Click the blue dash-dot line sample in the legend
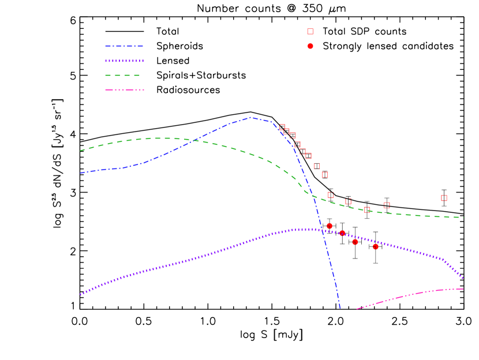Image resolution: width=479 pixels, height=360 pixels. tap(124, 46)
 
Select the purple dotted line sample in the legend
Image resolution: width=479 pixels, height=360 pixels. tap(124, 61)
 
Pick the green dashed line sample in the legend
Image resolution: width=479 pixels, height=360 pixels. tap(122, 75)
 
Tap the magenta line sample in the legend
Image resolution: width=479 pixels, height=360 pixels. tap(124, 90)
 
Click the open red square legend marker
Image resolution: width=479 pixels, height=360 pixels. tap(310, 32)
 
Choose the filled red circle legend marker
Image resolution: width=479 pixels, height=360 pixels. tap(310, 46)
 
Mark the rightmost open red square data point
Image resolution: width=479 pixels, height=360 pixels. tap(444, 198)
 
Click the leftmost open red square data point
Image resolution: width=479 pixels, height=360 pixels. tap(282, 127)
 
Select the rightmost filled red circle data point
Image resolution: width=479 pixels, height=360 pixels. tap(376, 246)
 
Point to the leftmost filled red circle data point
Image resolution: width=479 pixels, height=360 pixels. tap(330, 226)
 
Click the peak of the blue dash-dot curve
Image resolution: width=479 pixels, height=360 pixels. tap(251, 118)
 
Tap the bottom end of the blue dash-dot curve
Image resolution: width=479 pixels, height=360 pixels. tap(340, 308)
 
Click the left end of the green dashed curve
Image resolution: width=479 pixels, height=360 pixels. tap(80, 151)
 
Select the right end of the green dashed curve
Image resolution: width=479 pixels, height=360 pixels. tap(463, 217)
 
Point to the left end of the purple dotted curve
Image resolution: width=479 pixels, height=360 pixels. tap(80, 294)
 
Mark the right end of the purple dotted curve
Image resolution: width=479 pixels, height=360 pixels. tap(463, 278)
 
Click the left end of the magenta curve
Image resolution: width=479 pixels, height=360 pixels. tap(357, 309)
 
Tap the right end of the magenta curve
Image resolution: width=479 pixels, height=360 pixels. tap(463, 288)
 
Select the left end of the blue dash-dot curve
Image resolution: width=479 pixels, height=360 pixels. tap(80, 173)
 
